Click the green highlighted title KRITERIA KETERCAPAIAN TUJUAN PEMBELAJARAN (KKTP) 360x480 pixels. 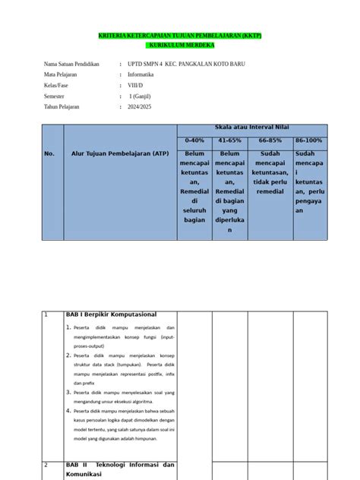point(180,36)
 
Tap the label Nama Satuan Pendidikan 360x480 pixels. point(72,65)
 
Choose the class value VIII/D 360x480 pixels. point(136,86)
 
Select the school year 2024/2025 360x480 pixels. point(142,107)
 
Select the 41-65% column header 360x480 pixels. point(229,141)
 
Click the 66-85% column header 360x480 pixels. point(270,141)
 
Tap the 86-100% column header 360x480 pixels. point(308,141)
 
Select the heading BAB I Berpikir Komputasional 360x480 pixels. point(111,314)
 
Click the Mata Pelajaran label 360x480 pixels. point(64,75)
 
